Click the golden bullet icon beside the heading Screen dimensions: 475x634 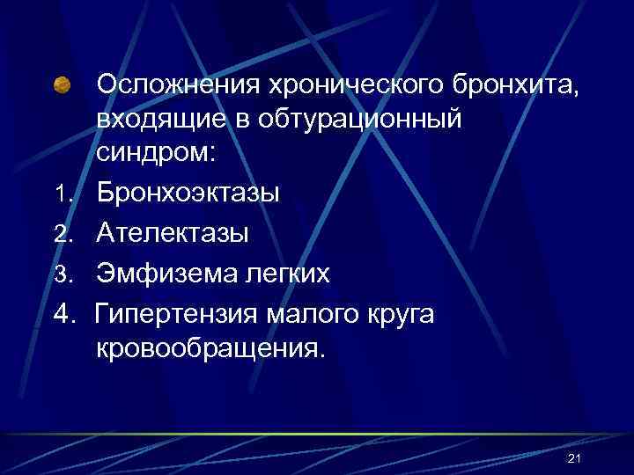[63, 85]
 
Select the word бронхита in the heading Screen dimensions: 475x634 [519, 85]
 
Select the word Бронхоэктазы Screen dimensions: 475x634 [188, 192]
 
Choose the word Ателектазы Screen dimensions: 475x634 [173, 233]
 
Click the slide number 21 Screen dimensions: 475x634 [577, 459]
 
